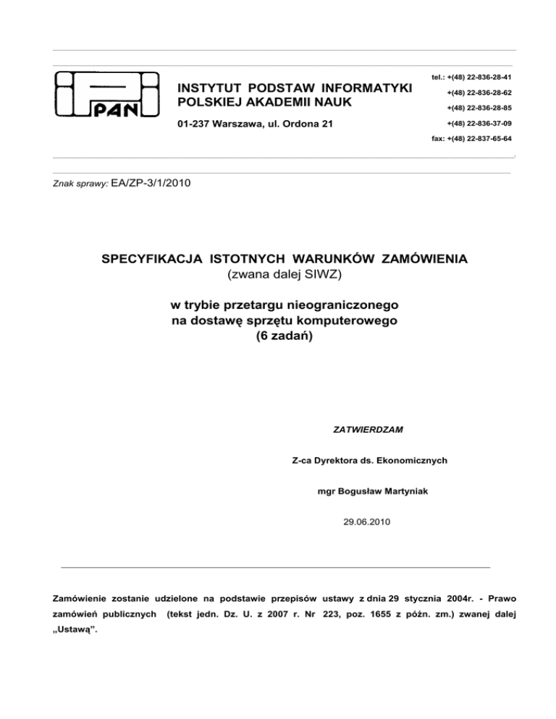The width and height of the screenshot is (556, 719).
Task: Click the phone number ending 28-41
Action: coord(480,77)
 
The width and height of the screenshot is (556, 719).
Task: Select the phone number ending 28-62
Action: coord(480,93)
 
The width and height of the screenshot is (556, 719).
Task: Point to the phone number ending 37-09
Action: coord(480,123)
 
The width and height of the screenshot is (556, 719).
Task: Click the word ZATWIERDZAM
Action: coord(368,429)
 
